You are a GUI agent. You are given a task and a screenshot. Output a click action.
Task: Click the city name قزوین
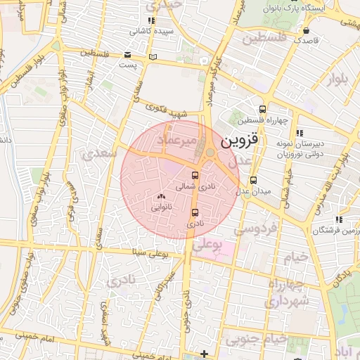(x=240, y=141)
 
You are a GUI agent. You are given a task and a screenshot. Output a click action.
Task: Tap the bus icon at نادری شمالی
(x=195, y=175)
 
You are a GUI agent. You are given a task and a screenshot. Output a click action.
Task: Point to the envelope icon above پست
(x=127, y=54)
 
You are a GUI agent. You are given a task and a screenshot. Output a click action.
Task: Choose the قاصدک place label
(x=307, y=41)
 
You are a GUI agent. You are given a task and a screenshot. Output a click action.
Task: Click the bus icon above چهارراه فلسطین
(x=262, y=109)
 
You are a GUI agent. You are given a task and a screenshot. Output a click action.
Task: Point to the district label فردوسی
(x=256, y=229)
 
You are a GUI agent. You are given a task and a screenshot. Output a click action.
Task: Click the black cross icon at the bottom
(x=204, y=353)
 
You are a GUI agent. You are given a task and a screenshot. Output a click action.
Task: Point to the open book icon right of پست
(x=153, y=56)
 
